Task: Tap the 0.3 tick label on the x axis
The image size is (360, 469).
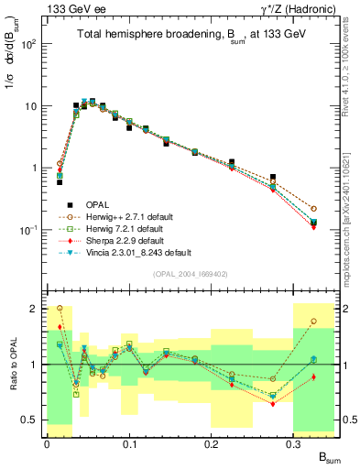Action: [x=293, y=442]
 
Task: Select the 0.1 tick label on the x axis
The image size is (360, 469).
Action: [x=129, y=442]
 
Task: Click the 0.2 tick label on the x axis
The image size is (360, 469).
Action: [x=212, y=442]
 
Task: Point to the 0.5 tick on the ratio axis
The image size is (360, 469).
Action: [x=35, y=420]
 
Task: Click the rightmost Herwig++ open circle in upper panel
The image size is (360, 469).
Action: [x=314, y=209]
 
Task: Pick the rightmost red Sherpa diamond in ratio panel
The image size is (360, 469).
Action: [x=314, y=376]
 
